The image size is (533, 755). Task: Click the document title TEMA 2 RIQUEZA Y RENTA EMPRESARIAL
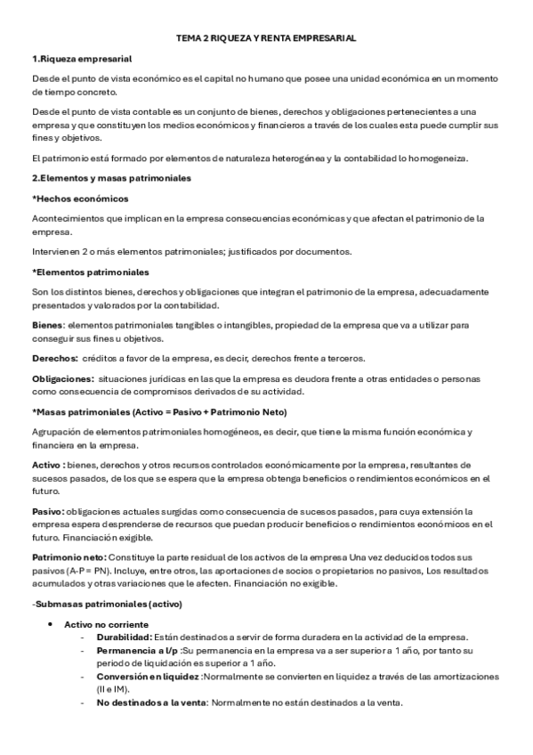tap(266, 39)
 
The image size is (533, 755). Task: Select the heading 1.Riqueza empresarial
tap(82, 59)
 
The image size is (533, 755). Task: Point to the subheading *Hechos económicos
tap(80, 198)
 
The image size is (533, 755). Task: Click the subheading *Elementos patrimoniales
tap(90, 271)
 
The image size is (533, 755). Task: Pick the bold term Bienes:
tap(48, 326)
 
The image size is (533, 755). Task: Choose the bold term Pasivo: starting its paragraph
tap(48, 512)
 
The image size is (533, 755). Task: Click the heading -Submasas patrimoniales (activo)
tap(107, 603)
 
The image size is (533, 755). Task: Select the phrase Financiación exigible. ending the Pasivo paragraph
tap(113, 537)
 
